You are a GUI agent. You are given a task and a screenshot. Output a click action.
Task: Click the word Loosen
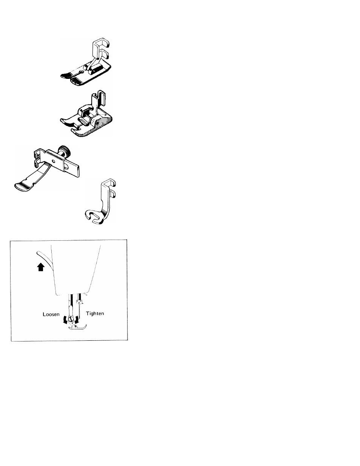point(51,314)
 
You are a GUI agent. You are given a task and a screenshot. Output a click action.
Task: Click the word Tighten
point(95,314)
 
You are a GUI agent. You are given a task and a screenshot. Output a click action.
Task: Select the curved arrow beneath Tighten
point(77,319)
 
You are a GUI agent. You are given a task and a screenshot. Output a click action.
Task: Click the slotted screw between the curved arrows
point(71,319)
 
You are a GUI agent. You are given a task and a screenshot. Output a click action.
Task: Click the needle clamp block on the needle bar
point(79,301)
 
